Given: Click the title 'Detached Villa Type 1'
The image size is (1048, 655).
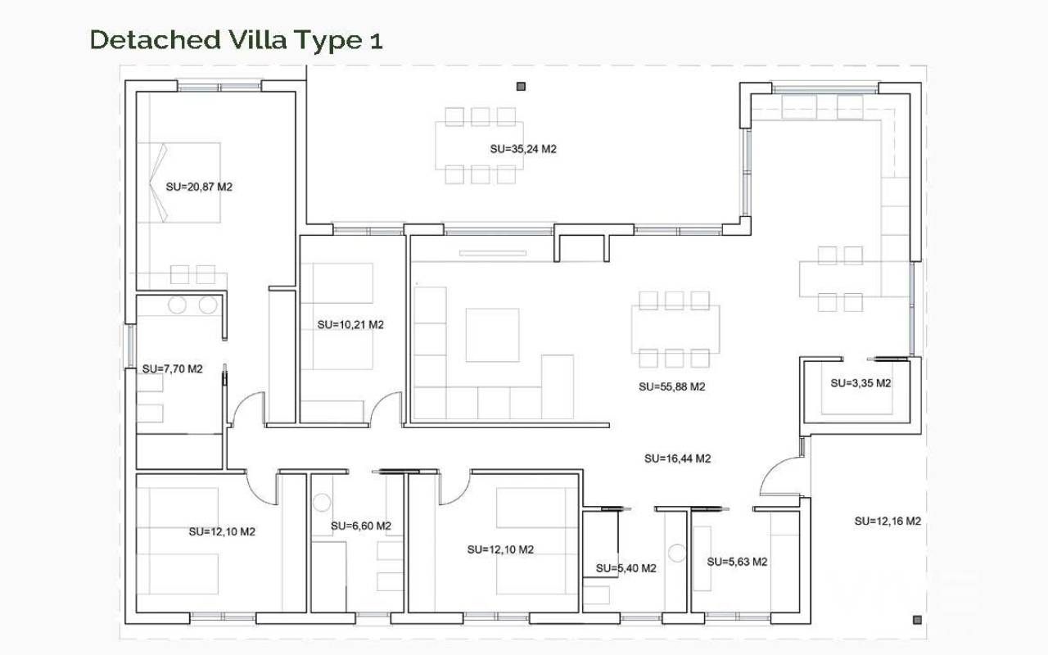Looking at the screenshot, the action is (x=237, y=40).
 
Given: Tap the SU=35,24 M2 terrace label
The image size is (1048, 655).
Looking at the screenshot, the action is (x=523, y=149).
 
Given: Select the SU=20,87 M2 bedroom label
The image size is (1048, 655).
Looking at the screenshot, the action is (x=199, y=187).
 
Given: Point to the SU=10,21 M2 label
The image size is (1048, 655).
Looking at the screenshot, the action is (x=350, y=325).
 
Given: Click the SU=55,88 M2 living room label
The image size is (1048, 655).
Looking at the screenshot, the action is (x=672, y=387).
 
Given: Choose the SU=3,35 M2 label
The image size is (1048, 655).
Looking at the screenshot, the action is (x=861, y=383).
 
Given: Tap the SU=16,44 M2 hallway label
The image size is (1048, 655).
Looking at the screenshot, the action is (x=677, y=459).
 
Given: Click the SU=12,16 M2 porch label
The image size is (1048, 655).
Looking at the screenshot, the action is (x=888, y=522).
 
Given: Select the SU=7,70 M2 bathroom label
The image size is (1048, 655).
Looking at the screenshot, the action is (x=173, y=369).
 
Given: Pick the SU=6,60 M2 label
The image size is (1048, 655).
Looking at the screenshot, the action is (x=361, y=526).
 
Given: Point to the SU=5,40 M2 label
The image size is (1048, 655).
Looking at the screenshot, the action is (x=626, y=568).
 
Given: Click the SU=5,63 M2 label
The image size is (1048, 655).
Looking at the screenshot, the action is (x=738, y=562).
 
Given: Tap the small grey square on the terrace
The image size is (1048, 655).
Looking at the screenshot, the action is (x=521, y=87).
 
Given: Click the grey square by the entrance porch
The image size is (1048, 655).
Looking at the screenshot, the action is (x=918, y=620).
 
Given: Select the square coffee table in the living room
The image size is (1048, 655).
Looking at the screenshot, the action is (x=492, y=335).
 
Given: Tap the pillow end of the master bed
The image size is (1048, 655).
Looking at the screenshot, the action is (x=158, y=183).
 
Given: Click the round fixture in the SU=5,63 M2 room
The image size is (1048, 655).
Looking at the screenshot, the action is (x=677, y=553).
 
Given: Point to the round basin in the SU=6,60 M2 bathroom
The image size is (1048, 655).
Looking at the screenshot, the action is (x=322, y=503).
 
